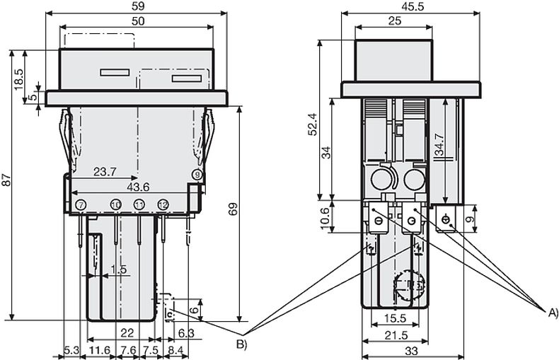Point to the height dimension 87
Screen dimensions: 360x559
(x=6, y=182)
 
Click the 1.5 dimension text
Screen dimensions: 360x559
(x=119, y=269)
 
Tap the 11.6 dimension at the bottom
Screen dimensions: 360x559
(x=99, y=350)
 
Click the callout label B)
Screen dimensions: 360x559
(x=241, y=344)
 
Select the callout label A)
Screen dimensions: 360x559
(x=553, y=311)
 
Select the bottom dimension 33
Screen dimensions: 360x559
(x=411, y=349)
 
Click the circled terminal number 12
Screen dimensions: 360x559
(x=163, y=204)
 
